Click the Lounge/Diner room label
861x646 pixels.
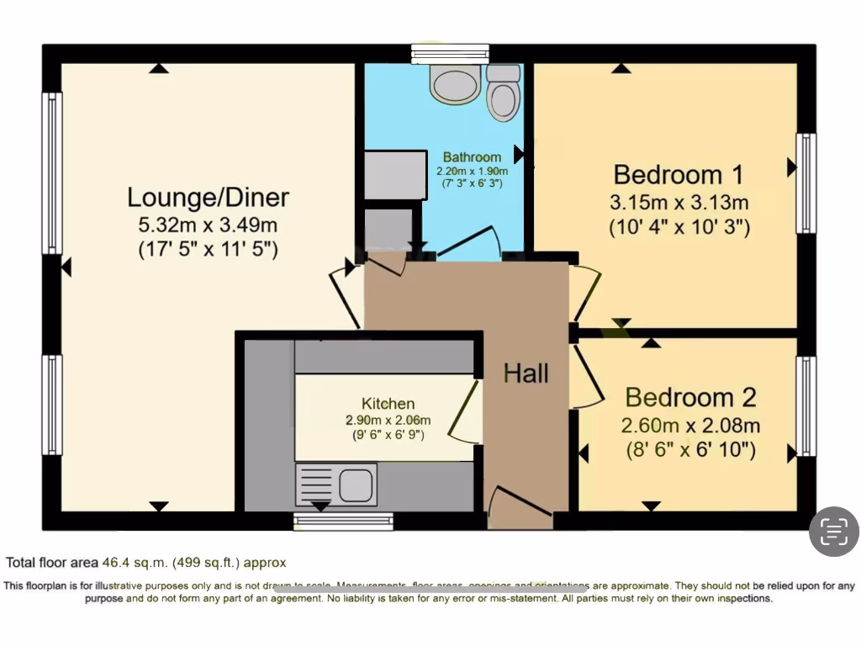pos(208,198)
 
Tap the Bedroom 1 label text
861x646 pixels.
pos(679,175)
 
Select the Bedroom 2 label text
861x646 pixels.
pos(690,397)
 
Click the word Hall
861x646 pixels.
pos(526,373)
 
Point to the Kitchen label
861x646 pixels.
pos(388,404)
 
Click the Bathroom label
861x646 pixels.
pos(472,156)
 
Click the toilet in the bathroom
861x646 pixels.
pos(503,92)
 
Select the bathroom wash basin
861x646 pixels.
pos(454,83)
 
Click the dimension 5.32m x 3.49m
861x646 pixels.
pos(208,225)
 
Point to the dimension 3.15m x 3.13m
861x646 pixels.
pos(679,203)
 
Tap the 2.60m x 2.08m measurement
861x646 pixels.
pos(690,426)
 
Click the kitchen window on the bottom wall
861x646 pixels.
pos(343,522)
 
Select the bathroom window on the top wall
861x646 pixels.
pos(450,54)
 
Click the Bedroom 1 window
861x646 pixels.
pos(806,183)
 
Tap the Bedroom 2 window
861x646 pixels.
pos(806,405)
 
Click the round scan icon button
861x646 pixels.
pos(833,531)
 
